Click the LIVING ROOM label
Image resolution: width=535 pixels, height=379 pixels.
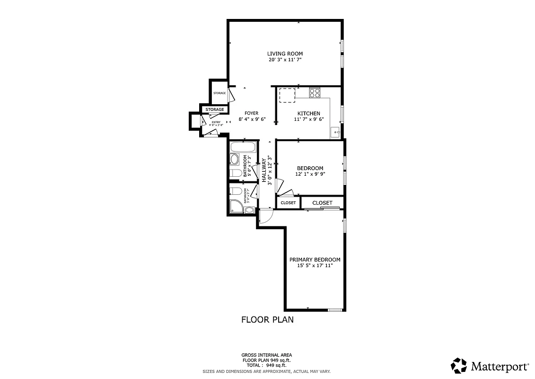point(285,54)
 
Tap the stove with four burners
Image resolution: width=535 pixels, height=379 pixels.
point(315,93)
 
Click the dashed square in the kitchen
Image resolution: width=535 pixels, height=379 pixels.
point(287,95)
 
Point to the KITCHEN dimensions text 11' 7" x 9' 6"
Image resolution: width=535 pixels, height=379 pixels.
point(308,119)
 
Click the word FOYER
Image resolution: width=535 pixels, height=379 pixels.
point(251,113)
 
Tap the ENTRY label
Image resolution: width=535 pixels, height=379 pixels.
point(216,122)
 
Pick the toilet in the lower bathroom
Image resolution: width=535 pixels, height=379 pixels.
point(235,191)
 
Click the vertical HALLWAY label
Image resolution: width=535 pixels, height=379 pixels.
point(264,171)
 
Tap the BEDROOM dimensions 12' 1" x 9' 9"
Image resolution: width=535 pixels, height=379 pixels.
point(310,174)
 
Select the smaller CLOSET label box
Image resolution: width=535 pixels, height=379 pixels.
point(288,203)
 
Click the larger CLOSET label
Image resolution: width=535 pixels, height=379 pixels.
point(322,203)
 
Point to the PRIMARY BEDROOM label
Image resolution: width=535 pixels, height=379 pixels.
point(315,260)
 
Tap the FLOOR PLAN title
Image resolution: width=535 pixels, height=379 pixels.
point(267,320)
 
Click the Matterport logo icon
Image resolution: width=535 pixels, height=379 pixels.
point(459,366)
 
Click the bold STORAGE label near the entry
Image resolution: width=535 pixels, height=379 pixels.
point(215,109)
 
